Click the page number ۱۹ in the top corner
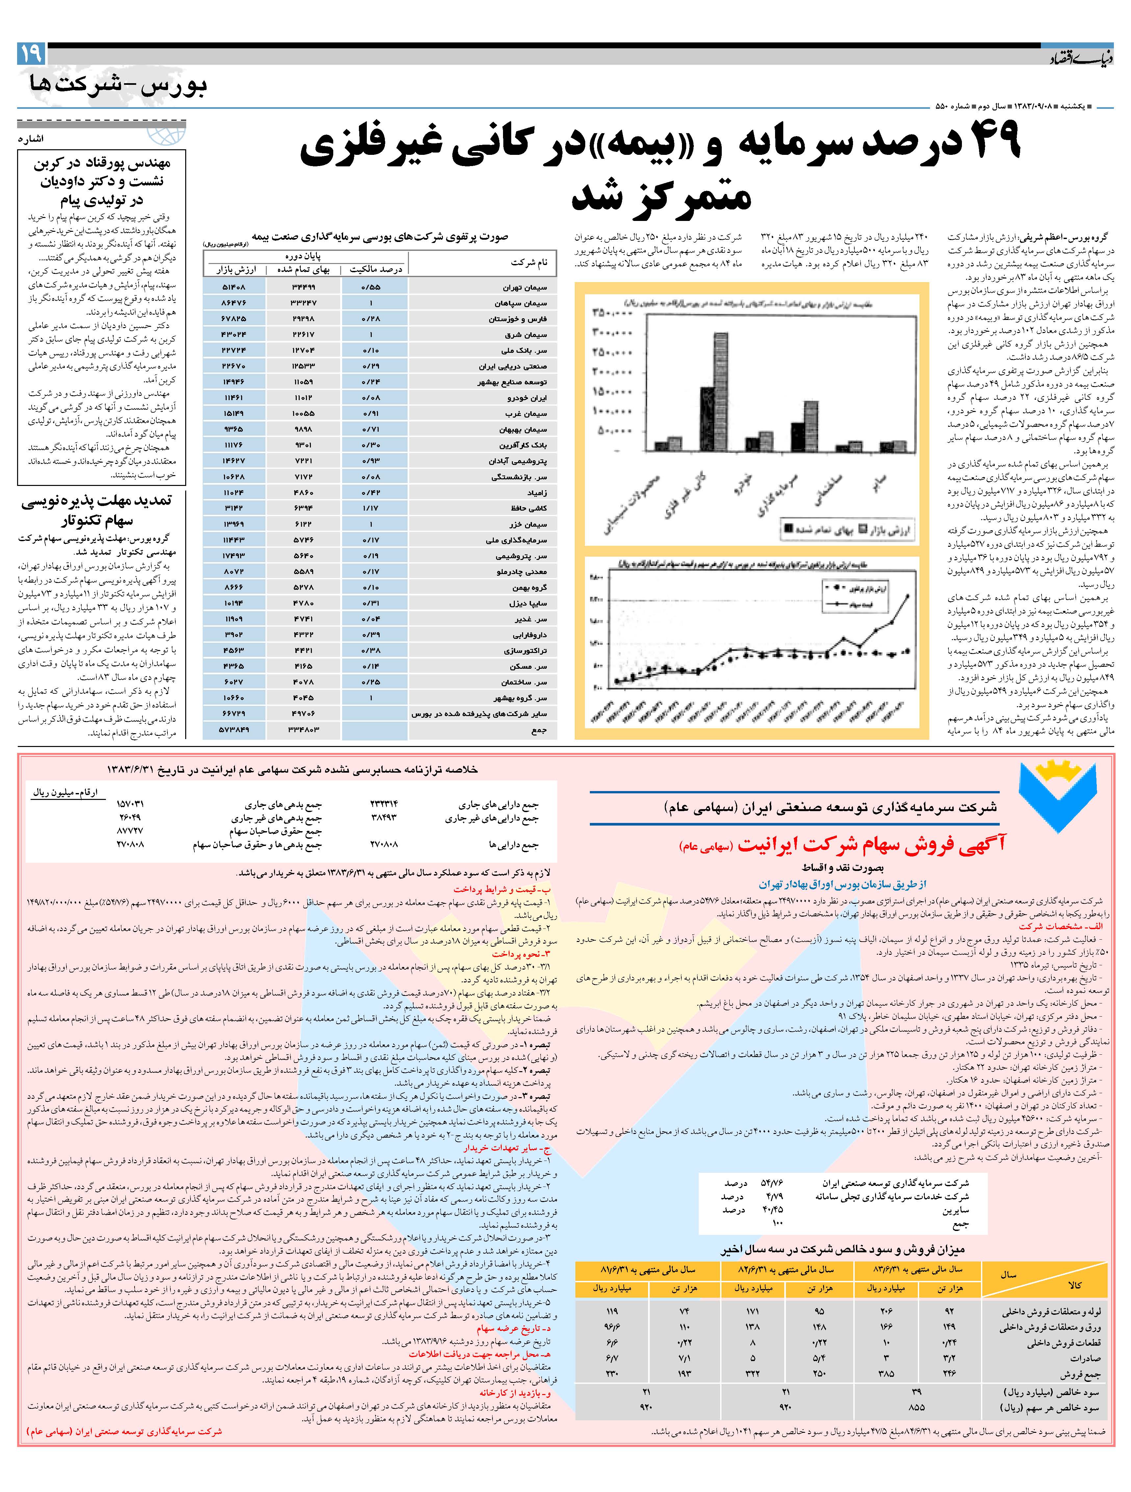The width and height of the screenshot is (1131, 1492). point(30,53)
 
